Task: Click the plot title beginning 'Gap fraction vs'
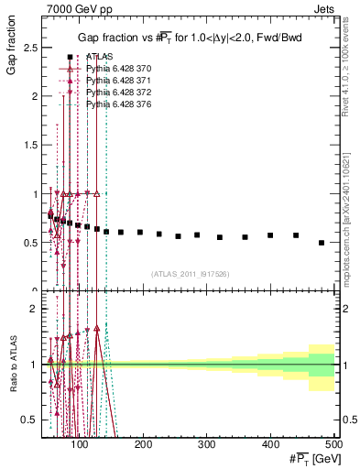point(189,36)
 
